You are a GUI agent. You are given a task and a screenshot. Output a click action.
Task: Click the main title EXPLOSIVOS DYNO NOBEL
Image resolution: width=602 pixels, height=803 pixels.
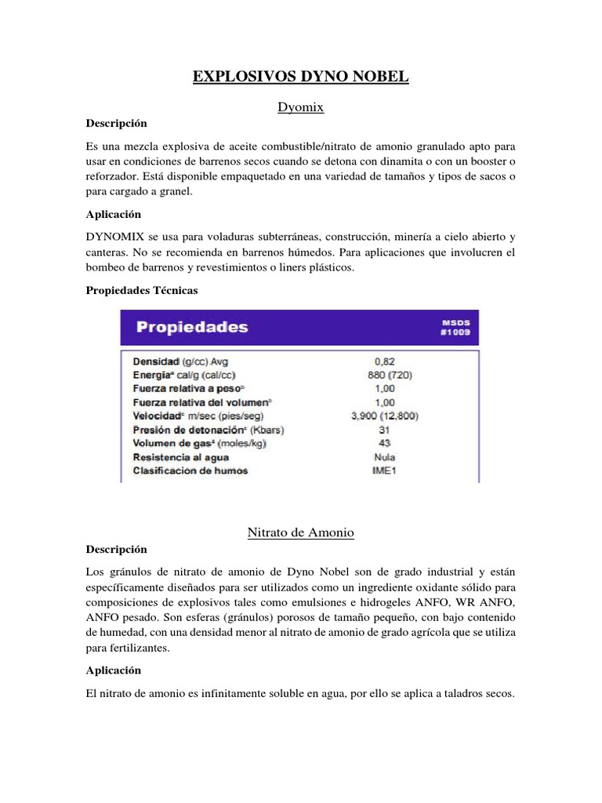301,77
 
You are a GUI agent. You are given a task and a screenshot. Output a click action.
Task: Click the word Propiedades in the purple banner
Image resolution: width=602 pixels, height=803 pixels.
193,327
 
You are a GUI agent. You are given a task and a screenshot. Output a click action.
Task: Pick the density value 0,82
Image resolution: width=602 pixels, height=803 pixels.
385,362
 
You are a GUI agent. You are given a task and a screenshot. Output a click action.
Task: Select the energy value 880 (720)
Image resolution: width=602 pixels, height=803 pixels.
385,375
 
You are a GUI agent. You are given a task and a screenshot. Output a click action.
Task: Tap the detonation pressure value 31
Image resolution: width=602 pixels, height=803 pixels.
385,430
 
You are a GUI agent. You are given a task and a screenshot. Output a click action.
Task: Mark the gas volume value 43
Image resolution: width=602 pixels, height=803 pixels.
385,443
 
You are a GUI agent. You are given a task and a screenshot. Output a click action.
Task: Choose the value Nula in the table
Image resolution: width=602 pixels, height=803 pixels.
385,457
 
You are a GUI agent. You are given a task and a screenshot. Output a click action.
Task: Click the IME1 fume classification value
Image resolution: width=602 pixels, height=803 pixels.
385,471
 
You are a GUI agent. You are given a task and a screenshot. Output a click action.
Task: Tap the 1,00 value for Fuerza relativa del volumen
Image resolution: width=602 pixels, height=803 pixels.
385,402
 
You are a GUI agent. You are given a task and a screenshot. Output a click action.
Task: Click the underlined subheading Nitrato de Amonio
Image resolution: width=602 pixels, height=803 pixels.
301,532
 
